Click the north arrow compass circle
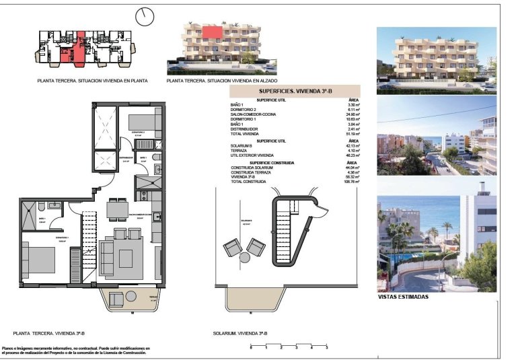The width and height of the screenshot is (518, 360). (145, 15)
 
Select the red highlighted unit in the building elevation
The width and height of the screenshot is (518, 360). (213, 31)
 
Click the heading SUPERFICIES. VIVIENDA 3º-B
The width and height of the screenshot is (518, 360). (295, 90)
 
